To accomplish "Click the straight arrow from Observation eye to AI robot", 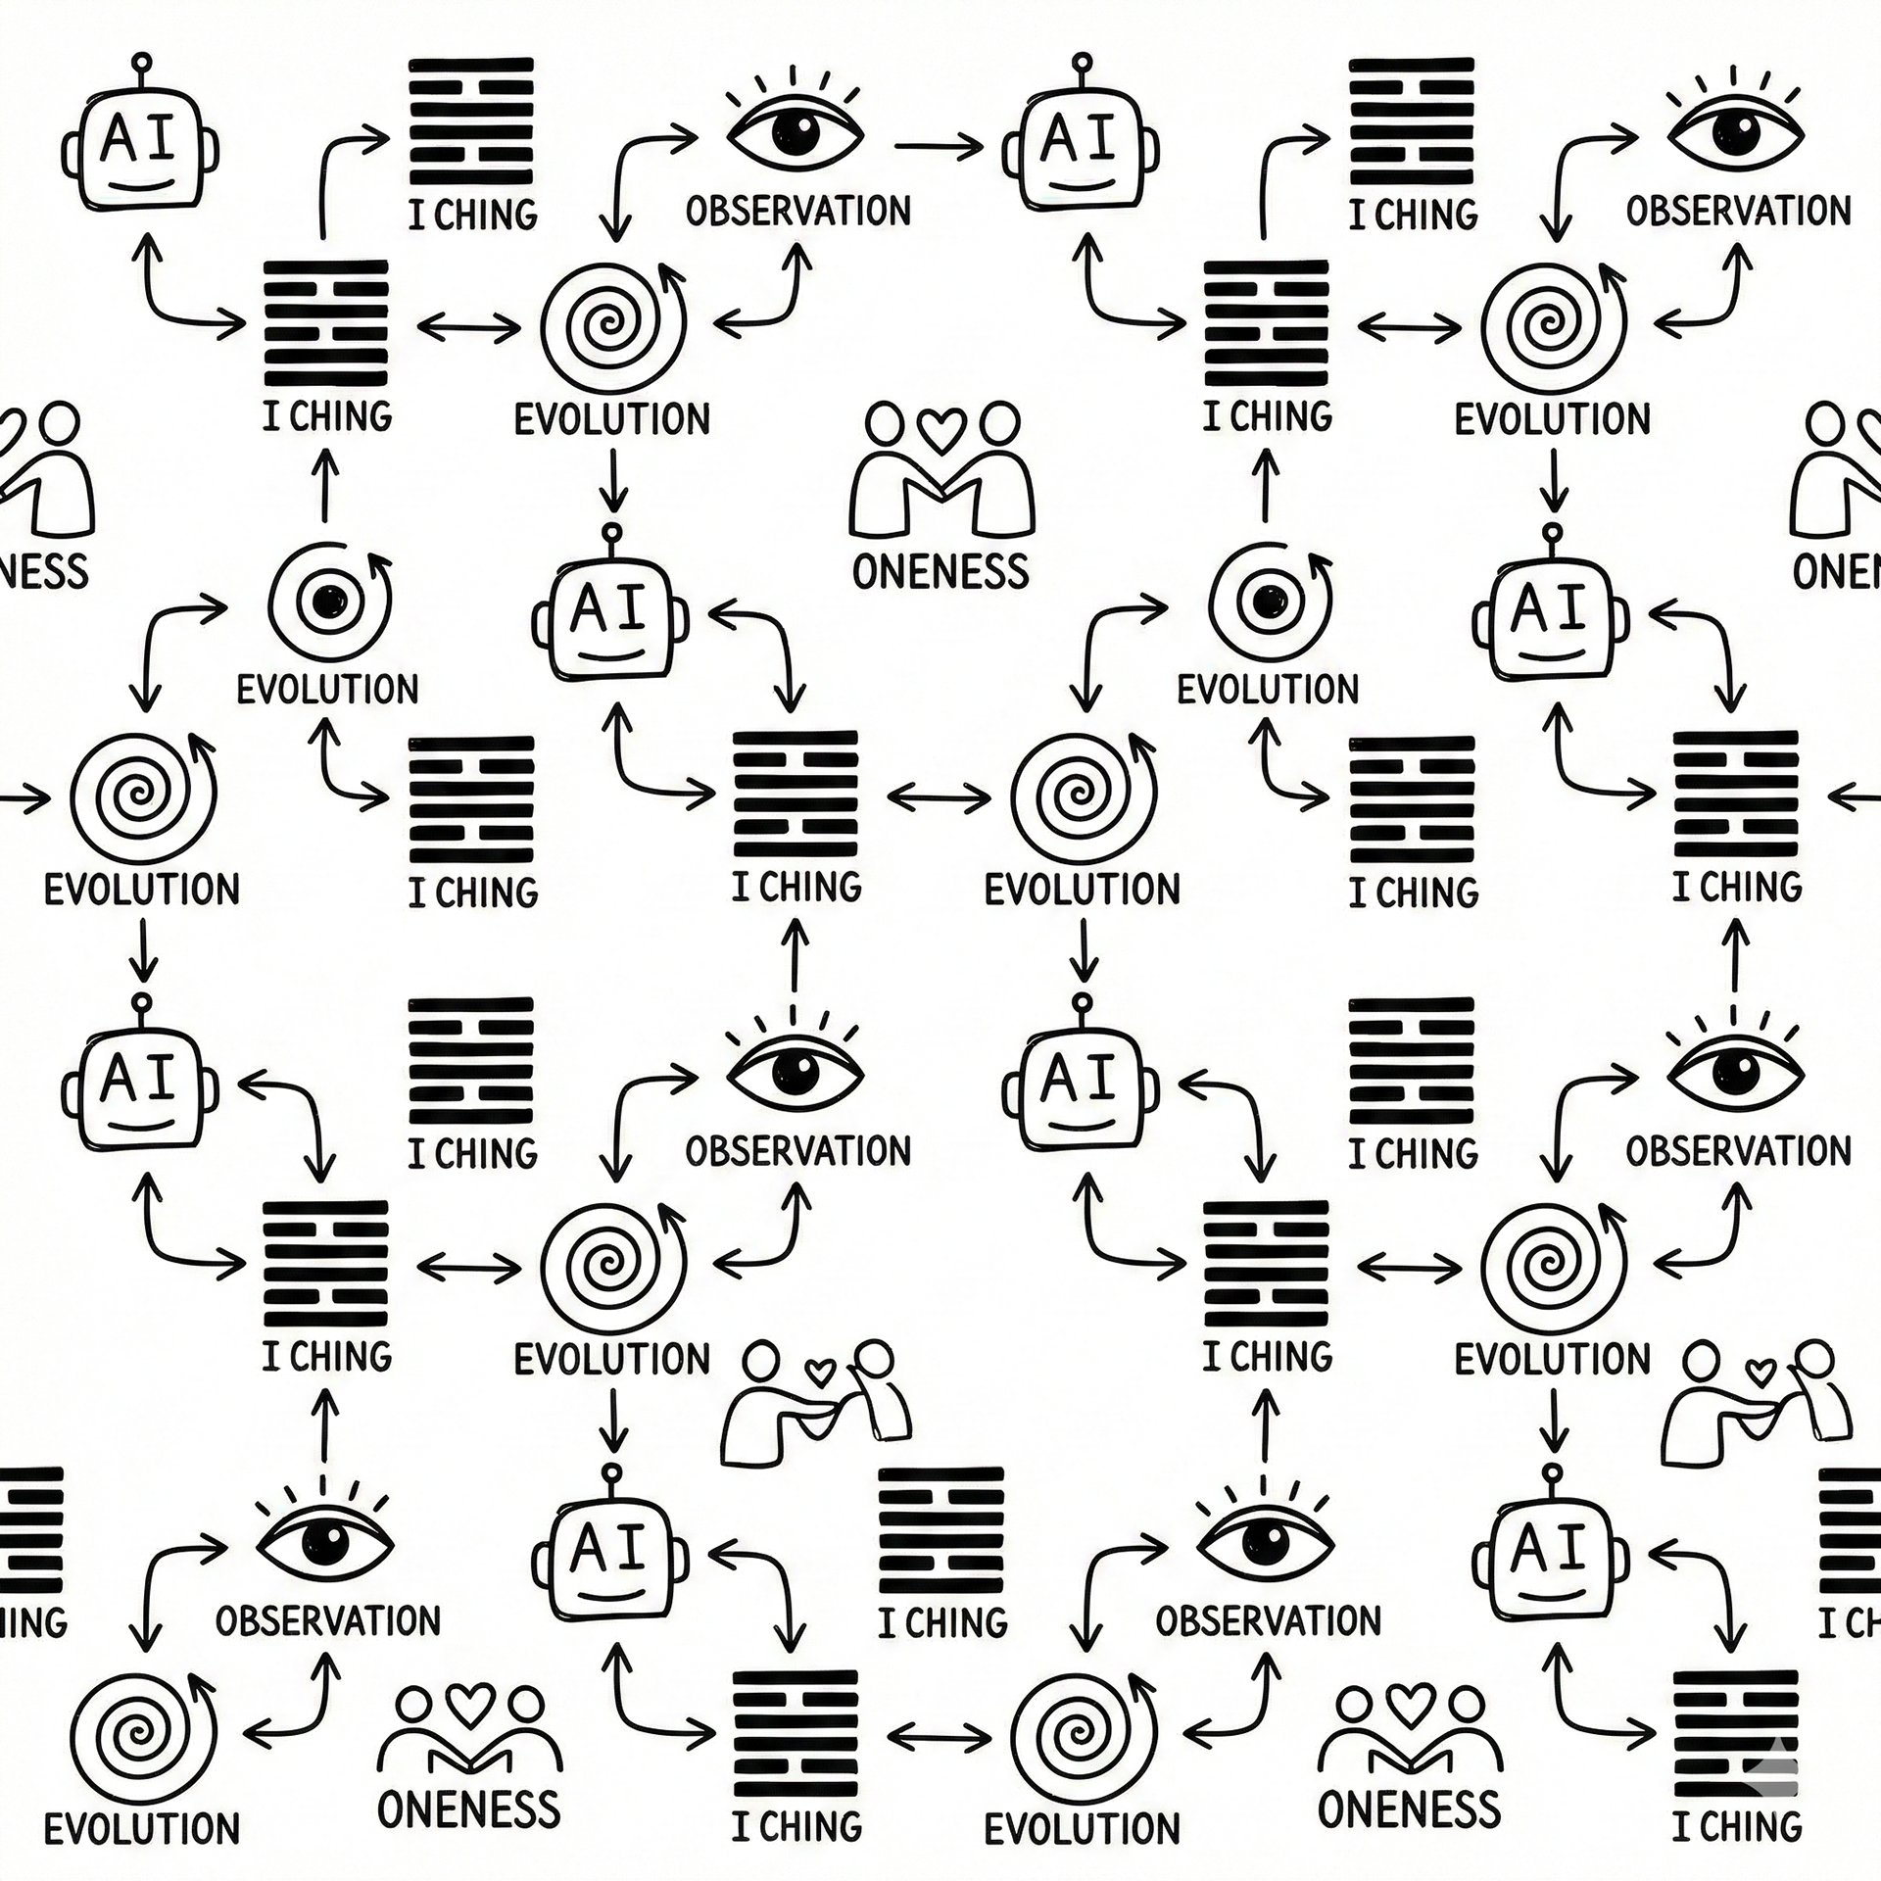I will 938,148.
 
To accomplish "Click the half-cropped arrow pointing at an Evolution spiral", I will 24,798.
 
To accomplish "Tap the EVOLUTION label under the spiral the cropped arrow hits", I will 142,890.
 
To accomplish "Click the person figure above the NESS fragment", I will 49,470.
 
